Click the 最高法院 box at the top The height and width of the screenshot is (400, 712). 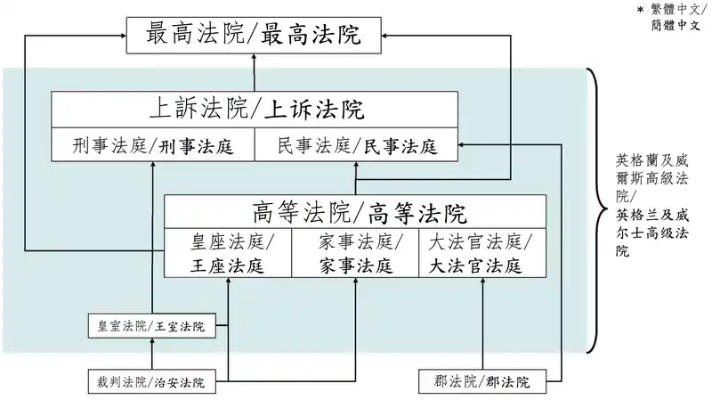[254, 36]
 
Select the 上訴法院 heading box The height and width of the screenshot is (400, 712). [255, 110]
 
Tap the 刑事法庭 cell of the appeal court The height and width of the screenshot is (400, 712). [153, 144]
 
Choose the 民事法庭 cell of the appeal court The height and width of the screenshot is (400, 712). [357, 144]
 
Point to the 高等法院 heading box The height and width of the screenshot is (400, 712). [355, 212]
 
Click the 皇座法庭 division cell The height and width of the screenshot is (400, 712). [228, 253]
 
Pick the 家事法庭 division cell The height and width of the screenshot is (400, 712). [355, 253]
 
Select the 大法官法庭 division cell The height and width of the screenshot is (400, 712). [482, 253]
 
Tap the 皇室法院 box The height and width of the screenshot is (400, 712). [151, 325]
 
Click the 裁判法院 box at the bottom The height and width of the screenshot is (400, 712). [151, 381]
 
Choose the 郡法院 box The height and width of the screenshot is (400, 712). [482, 381]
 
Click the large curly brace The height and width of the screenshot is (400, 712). [595, 210]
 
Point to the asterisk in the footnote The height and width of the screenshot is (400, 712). [640, 10]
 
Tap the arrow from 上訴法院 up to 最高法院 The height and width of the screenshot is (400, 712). [254, 73]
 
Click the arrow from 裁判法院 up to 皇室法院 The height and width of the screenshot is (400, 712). [152, 354]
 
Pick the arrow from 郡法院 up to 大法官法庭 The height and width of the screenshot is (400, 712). [482, 323]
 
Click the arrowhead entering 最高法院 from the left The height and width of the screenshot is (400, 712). [123, 36]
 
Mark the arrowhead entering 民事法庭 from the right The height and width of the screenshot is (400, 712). [461, 144]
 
